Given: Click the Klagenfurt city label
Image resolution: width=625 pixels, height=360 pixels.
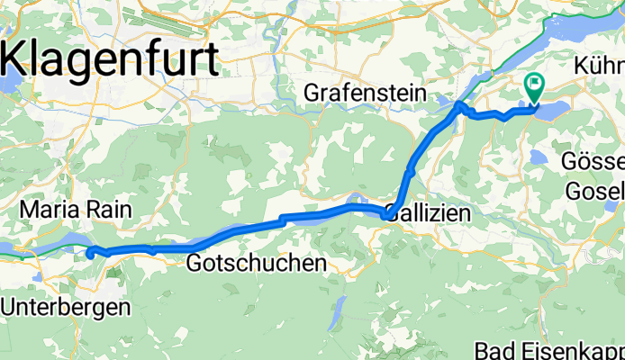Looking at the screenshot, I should coord(112,60).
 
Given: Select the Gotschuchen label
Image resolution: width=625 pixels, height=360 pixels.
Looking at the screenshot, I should coord(257,264).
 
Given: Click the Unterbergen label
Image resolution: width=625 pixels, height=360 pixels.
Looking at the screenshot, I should coord(65,306).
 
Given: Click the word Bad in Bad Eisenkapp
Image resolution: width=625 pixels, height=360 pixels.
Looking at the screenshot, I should coord(495,351).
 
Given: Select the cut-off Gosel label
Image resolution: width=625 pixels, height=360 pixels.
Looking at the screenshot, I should coord(594,191).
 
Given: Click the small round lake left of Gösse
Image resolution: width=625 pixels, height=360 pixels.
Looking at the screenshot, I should coord(539,157).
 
